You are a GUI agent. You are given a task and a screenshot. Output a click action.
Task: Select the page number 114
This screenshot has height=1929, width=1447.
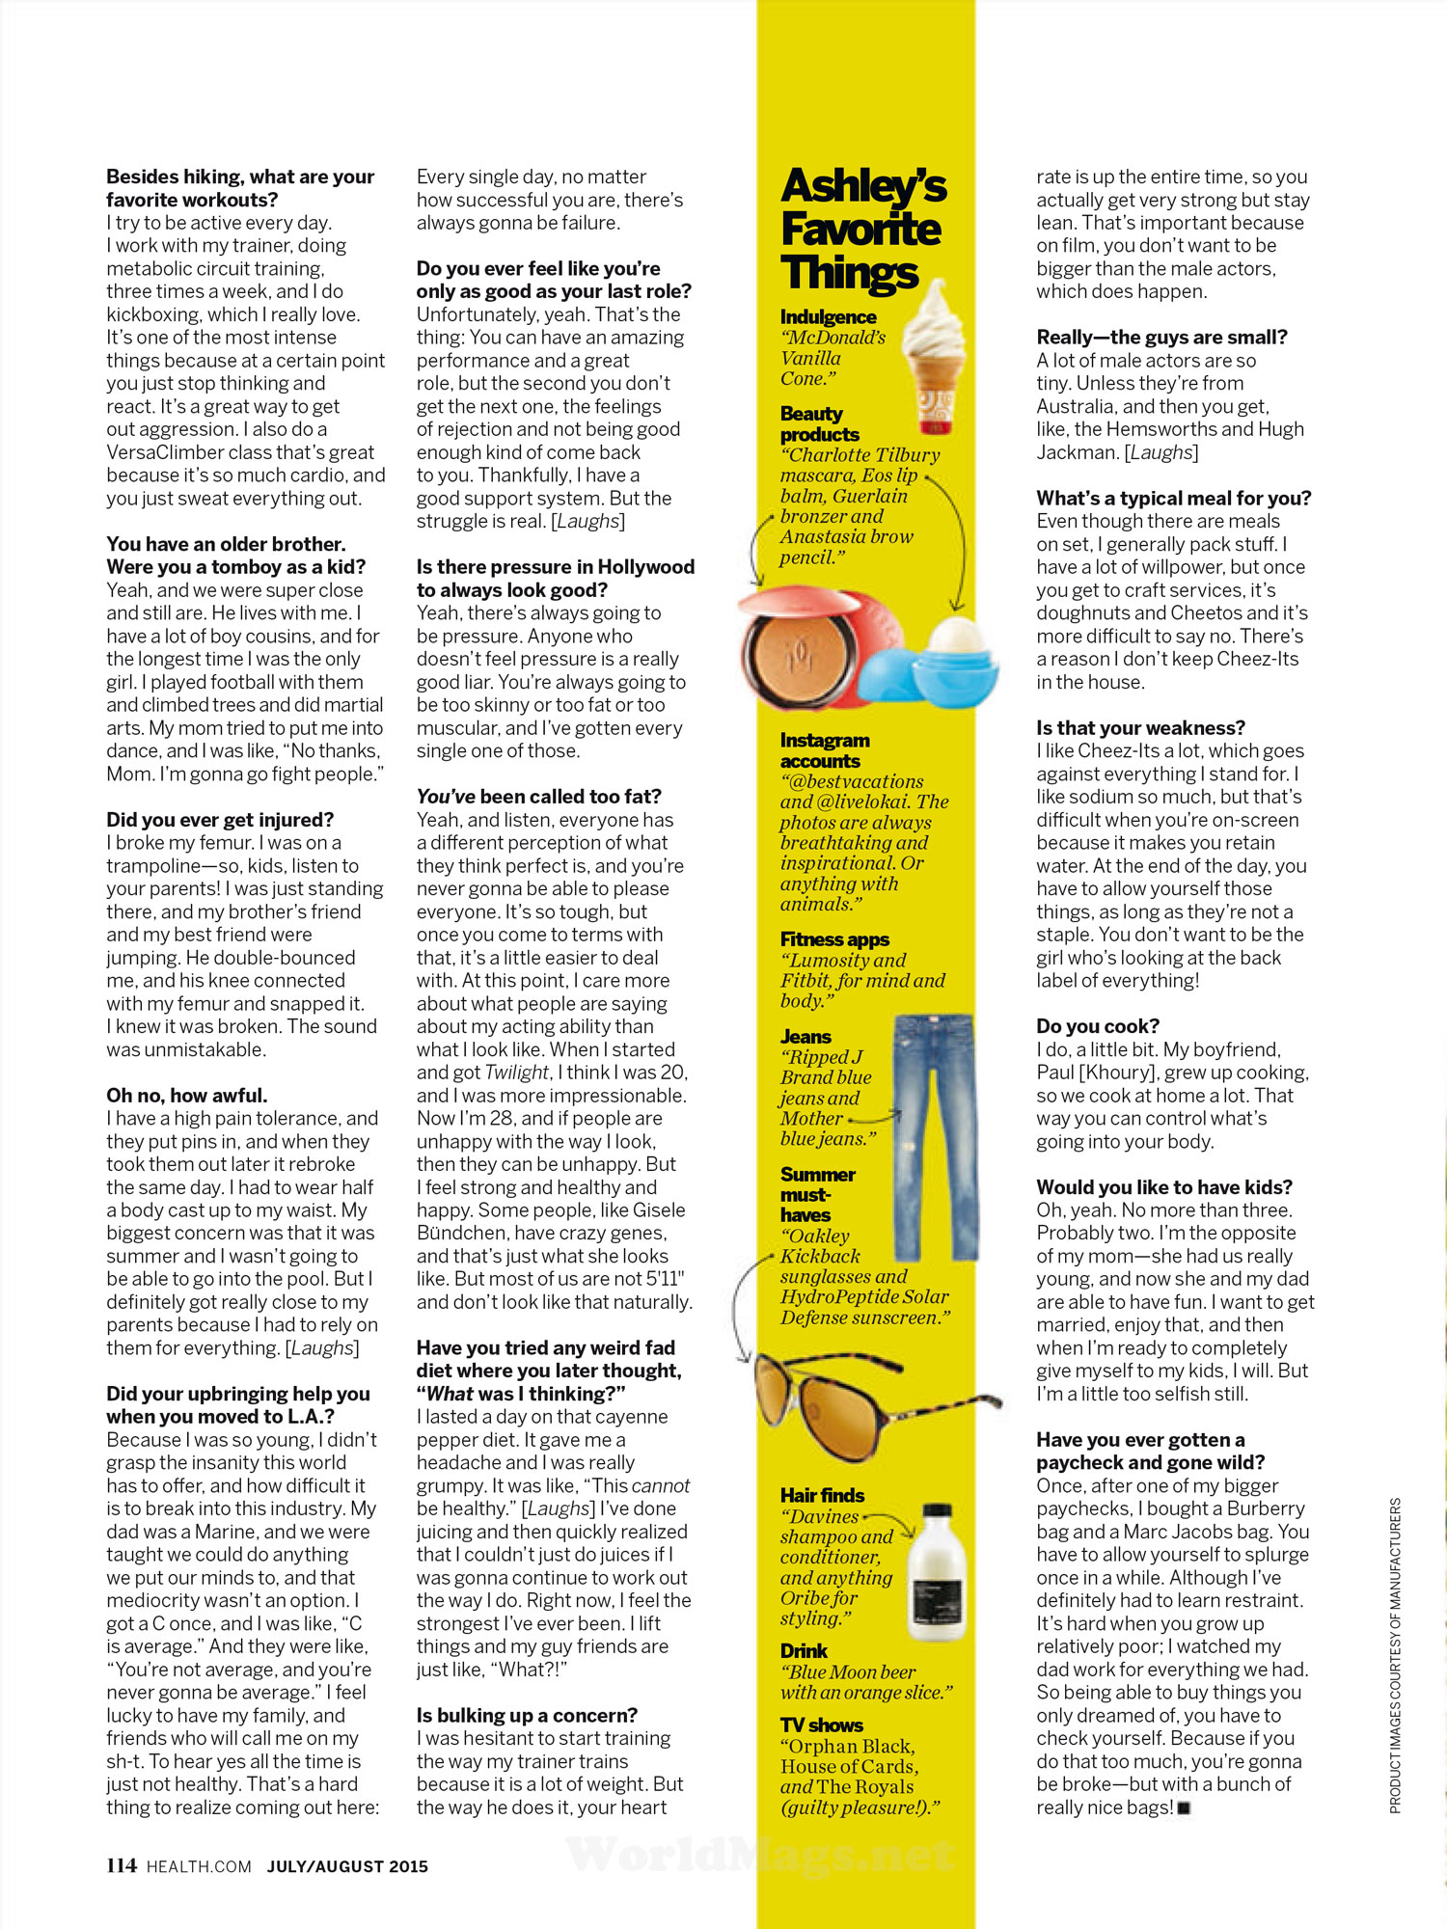coord(122,1865)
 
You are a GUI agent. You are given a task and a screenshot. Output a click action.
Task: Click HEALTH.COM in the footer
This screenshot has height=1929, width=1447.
coord(199,1866)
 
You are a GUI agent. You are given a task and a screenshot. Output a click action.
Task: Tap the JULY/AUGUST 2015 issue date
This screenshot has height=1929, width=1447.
coord(347,1866)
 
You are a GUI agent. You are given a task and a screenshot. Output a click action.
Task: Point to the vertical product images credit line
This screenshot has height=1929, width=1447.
coord(1395,1655)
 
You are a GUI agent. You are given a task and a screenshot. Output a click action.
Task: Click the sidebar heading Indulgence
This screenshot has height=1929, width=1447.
coord(828,316)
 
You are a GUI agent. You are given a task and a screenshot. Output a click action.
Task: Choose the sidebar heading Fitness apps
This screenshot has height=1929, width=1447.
coord(834,938)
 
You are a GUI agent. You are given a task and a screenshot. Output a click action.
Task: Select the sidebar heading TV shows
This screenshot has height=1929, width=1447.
coord(822,1725)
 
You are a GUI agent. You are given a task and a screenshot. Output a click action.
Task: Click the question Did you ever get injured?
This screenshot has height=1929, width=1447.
coord(220,820)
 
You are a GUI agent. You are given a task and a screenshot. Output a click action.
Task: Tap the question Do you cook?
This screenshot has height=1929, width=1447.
coord(1098,1026)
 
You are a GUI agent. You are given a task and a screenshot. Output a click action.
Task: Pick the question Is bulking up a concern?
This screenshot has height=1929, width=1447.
coord(527,1715)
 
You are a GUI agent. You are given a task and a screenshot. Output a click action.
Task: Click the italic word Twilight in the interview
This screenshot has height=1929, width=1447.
coord(516,1073)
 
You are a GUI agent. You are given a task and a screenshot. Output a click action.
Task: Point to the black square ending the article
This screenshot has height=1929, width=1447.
coord(1185,1808)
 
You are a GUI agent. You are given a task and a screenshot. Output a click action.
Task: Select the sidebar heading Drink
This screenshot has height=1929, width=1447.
coord(805,1650)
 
